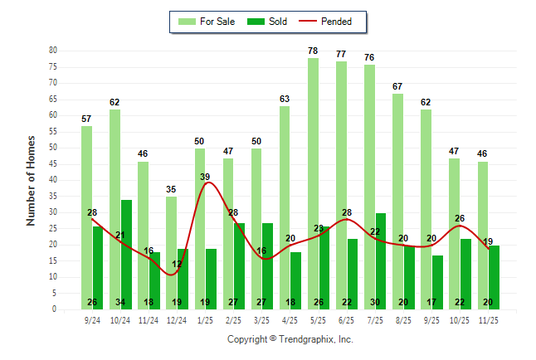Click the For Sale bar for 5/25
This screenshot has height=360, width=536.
[x=313, y=182]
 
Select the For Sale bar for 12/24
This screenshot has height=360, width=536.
[x=171, y=252]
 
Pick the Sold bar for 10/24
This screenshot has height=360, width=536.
[x=126, y=254]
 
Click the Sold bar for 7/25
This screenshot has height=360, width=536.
[x=380, y=260]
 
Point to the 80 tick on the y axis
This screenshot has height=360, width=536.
[x=52, y=51]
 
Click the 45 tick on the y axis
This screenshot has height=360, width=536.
[x=52, y=163]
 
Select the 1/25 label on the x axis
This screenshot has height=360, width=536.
[x=205, y=319]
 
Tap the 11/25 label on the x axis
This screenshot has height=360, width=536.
[x=488, y=319]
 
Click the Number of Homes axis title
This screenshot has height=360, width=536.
[x=32, y=180]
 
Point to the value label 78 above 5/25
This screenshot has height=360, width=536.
[x=313, y=51]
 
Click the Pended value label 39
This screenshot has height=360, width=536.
[x=205, y=177]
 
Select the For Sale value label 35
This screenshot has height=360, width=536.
[x=171, y=190]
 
